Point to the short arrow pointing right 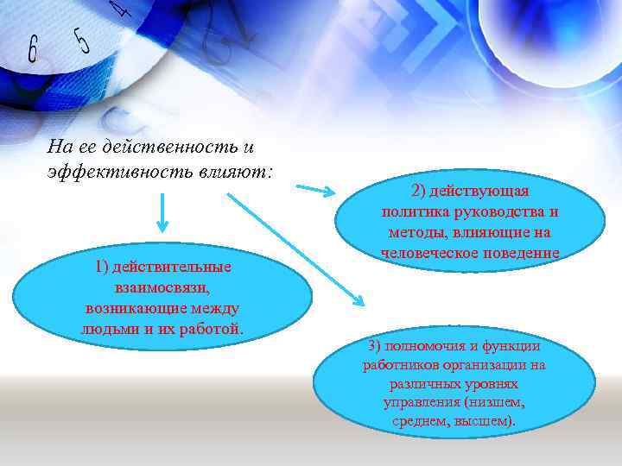coord(319,188)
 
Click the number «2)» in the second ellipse coord(420,191)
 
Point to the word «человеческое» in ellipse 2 coord(422,253)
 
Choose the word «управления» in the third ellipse coord(419,403)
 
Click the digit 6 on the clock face coord(33,49)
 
